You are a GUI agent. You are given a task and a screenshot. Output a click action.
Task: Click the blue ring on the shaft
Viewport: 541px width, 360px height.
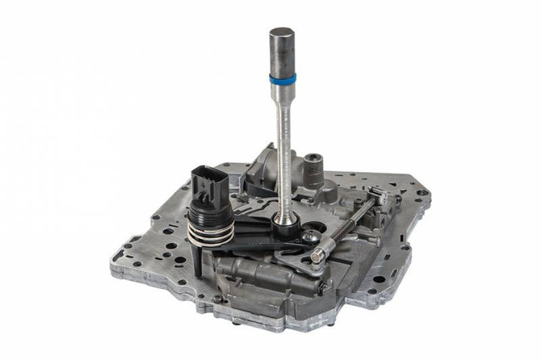(x=283, y=79)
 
